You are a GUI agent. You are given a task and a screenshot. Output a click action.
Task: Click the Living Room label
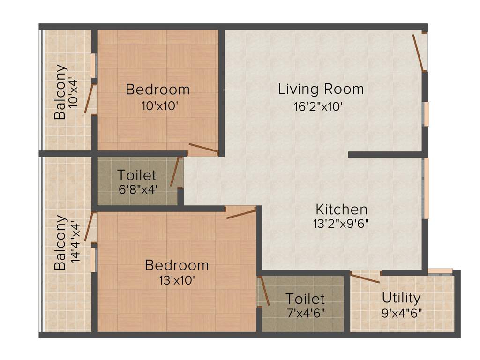(x=321, y=89)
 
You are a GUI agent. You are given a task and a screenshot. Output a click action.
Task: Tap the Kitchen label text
(x=341, y=209)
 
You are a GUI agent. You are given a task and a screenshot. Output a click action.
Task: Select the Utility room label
(x=401, y=298)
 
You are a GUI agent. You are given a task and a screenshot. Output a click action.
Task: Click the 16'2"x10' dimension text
(x=319, y=106)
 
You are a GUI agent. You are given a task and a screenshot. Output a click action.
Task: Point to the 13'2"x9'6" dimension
(x=341, y=224)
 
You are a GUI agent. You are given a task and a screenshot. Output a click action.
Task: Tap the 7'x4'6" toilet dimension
(x=305, y=312)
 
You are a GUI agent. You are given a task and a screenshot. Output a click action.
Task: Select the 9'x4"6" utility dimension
(x=401, y=312)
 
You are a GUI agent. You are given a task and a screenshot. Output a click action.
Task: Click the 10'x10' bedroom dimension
(x=159, y=106)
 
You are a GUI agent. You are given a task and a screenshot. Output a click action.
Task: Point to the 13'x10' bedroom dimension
(x=177, y=280)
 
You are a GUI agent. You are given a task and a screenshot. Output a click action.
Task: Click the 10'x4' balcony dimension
(x=74, y=92)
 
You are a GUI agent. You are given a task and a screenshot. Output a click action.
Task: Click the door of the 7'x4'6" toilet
(x=264, y=291)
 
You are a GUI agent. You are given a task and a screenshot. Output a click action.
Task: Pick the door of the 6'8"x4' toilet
(x=174, y=172)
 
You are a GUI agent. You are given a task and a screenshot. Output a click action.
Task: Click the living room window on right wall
(x=426, y=114)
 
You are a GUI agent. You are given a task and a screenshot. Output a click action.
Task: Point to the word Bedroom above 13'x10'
(x=177, y=265)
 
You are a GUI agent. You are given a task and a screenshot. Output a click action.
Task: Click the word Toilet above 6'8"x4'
(x=136, y=175)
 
